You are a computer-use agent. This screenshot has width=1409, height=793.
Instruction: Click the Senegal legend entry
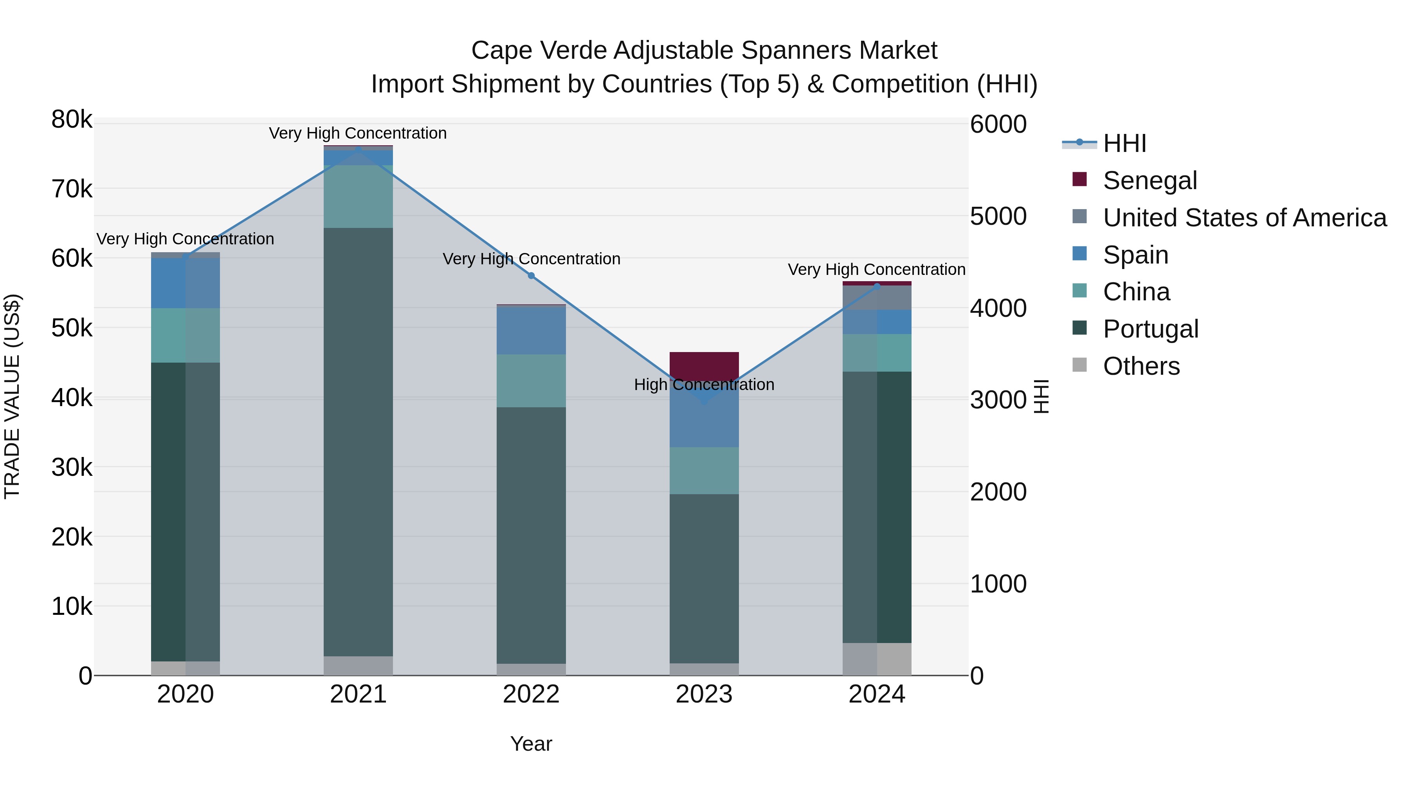click(x=1150, y=181)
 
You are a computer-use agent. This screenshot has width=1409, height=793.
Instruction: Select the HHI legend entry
click(x=1124, y=143)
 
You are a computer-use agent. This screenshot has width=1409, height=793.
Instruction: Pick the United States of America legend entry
click(x=1244, y=218)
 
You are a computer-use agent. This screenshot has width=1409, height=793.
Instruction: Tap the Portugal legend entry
click(x=1150, y=329)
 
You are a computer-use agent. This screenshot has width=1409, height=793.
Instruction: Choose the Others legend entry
click(x=1141, y=366)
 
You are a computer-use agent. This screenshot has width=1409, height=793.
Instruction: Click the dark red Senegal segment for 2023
click(x=704, y=365)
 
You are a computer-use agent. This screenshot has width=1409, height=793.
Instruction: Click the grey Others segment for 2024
click(x=877, y=659)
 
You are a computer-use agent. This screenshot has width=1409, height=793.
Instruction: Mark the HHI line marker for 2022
click(x=531, y=276)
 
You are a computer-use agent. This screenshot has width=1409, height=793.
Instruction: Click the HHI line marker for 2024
click(x=877, y=286)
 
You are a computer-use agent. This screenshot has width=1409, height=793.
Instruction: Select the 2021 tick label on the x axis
click(x=358, y=694)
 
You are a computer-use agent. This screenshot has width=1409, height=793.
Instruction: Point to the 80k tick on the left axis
click(x=72, y=119)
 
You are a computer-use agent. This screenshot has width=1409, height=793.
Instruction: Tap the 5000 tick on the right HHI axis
click(x=998, y=216)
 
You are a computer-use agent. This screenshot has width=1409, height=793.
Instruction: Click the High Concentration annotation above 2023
click(x=704, y=385)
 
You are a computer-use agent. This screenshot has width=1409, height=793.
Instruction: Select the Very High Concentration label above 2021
click(x=358, y=133)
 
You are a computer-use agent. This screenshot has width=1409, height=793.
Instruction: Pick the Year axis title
click(x=531, y=744)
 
